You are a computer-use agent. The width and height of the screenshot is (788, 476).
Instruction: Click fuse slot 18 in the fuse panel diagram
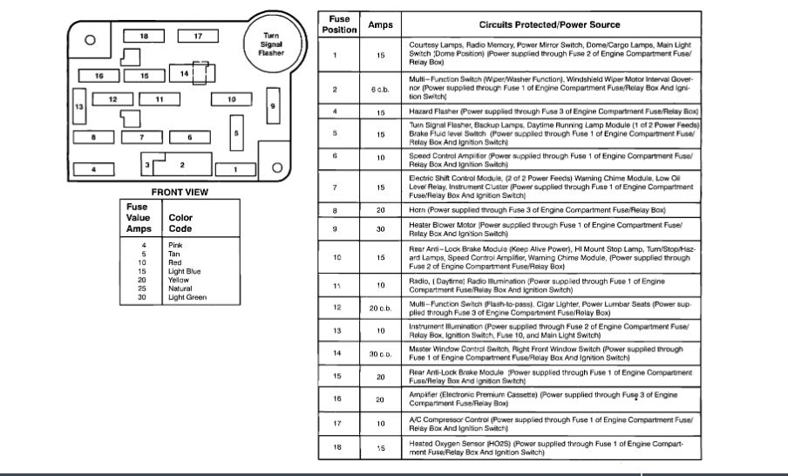[145, 36]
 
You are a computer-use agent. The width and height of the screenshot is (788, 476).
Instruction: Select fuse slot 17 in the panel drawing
[198, 36]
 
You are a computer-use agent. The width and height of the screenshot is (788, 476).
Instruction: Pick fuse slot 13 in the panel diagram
[78, 107]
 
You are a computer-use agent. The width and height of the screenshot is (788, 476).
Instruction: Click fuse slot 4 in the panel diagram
[95, 168]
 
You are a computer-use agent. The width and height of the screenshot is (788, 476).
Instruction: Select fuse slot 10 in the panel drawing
[231, 99]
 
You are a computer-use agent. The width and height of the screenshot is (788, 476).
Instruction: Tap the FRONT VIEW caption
[180, 192]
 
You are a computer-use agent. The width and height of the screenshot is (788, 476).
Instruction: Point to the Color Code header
[180, 223]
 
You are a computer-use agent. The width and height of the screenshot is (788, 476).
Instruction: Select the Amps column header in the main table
[381, 25]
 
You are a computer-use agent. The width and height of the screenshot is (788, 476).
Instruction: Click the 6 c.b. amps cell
[381, 89]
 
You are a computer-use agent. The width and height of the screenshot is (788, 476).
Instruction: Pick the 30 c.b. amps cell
[381, 352]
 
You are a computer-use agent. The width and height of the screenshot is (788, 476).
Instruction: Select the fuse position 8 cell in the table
[335, 211]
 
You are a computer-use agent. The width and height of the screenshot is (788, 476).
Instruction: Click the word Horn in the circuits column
[417, 211]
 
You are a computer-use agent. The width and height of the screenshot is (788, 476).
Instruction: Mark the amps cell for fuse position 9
[381, 229]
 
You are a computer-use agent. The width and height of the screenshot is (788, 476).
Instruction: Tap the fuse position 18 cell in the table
[335, 447]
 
